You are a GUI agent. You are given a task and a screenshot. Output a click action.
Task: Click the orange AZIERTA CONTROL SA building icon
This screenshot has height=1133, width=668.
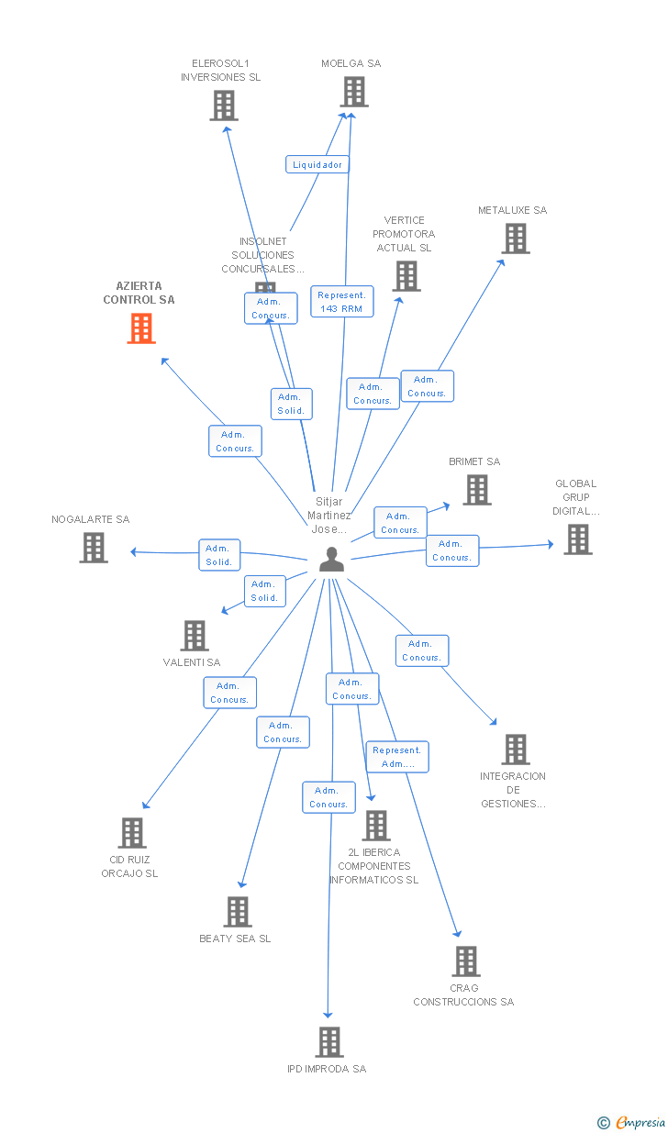pyautogui.click(x=140, y=328)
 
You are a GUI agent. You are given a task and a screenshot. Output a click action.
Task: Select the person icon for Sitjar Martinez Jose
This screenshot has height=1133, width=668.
pyautogui.click(x=331, y=559)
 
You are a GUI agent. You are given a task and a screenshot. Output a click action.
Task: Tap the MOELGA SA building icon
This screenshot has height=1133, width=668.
pyautogui.click(x=354, y=92)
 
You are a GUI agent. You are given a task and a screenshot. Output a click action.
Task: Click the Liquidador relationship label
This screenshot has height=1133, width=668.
pyautogui.click(x=317, y=165)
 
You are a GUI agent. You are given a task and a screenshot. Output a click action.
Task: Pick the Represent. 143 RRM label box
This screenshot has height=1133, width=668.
pyautogui.click(x=341, y=302)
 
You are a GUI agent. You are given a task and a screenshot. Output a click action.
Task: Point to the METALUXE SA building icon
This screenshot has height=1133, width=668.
pyautogui.click(x=516, y=239)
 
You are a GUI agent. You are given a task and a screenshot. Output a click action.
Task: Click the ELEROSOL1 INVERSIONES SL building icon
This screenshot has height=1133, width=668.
pyautogui.click(x=224, y=106)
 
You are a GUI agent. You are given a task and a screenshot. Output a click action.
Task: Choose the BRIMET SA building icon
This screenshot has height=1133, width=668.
pyautogui.click(x=476, y=490)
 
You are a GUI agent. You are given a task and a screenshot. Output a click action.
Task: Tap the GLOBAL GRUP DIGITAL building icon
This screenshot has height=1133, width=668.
pyautogui.click(x=577, y=539)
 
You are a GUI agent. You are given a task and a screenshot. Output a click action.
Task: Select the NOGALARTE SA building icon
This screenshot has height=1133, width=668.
pyautogui.click(x=94, y=548)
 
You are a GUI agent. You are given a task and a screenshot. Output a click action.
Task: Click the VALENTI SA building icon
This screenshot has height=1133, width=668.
pyautogui.click(x=195, y=635)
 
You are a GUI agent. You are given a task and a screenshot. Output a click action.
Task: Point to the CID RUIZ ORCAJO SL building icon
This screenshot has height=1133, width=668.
pyautogui.click(x=132, y=833)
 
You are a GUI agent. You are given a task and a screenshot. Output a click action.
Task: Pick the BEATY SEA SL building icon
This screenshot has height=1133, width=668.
pyautogui.click(x=238, y=912)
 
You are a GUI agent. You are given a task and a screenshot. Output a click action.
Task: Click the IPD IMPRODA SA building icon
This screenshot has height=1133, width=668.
pyautogui.click(x=329, y=1042)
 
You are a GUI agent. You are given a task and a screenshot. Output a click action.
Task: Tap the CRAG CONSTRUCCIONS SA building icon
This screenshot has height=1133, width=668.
pyautogui.click(x=466, y=961)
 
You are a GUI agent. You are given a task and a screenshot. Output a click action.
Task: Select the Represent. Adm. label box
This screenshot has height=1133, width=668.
pyautogui.click(x=397, y=757)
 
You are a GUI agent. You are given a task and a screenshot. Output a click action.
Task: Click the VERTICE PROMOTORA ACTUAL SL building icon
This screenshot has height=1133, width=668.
pyautogui.click(x=406, y=276)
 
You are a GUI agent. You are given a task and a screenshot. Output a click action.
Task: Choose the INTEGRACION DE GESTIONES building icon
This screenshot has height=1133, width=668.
pyautogui.click(x=516, y=750)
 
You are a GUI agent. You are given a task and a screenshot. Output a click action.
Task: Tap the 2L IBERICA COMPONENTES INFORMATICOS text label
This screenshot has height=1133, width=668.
pyautogui.click(x=374, y=866)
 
